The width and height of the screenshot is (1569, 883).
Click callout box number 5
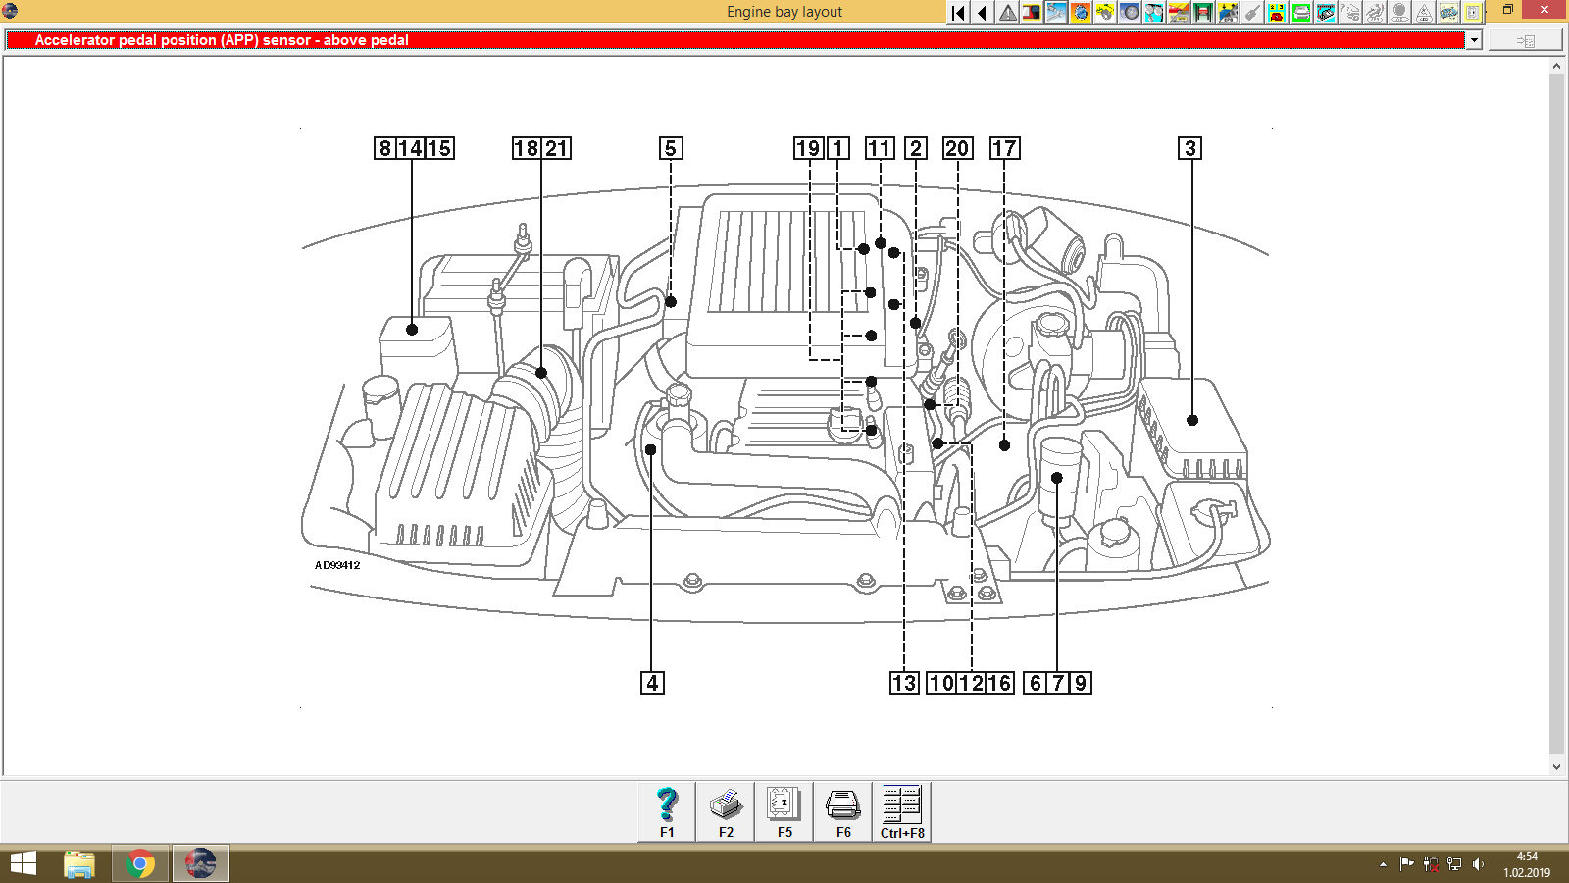coord(671,148)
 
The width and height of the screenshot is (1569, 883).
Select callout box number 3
coord(1189,148)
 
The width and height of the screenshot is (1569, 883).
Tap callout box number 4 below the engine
coord(652,683)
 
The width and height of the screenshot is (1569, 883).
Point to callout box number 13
coord(904,683)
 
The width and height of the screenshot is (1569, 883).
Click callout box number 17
coord(1004,148)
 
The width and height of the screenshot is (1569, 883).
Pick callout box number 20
coord(957,148)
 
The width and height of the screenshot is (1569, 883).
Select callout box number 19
coord(808,148)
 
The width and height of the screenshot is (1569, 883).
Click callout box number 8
coord(384,148)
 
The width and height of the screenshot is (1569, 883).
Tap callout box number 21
coord(557,148)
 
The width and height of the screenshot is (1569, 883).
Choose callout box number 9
coord(1080,683)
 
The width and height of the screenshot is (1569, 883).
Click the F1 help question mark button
coord(667,811)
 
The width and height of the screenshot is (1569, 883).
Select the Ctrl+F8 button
coord(902,811)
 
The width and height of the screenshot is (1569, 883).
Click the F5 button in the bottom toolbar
coord(784,811)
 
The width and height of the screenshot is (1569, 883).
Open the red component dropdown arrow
coord(1473,40)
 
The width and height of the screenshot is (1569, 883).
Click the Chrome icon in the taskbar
coord(140,864)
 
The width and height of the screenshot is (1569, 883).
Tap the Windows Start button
coord(23,864)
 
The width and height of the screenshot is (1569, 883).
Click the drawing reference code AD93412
coord(337,565)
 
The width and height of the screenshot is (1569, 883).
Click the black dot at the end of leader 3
coord(1192,420)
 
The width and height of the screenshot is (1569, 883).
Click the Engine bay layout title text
coord(784,12)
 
